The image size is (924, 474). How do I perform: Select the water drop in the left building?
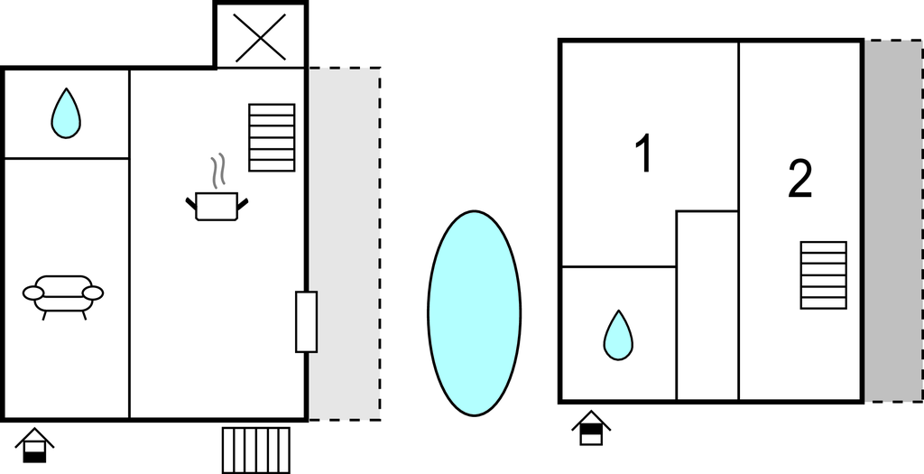tap(66, 114)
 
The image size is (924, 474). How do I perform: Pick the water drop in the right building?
tap(618, 336)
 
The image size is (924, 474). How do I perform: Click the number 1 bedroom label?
tap(644, 153)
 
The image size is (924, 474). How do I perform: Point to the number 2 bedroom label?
tap(800, 180)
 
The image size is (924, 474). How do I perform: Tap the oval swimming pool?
tap(475, 313)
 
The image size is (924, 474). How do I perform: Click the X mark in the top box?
tap(261, 38)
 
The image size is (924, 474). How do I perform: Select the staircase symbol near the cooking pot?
tap(272, 138)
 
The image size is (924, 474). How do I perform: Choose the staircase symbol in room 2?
tap(824, 275)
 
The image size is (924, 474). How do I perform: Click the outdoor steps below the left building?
tap(256, 451)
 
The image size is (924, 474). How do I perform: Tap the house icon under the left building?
tap(35, 446)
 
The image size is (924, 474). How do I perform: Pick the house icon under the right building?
tap(591, 429)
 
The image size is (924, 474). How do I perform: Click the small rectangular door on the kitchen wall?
tap(307, 322)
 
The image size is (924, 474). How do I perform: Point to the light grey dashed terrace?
tap(345, 244)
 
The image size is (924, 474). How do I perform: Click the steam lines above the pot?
tap(218, 171)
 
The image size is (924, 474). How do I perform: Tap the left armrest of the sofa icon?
tap(33, 293)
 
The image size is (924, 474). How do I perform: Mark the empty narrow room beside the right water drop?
tap(707, 305)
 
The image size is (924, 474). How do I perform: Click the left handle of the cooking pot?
tap(191, 204)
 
